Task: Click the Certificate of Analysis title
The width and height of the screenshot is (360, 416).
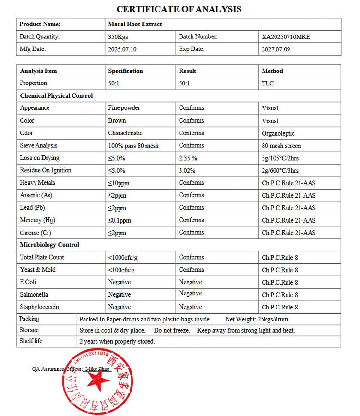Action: tap(179, 9)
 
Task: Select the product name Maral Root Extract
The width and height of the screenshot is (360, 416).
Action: tap(135, 24)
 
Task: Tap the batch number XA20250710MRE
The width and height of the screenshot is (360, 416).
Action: tap(286, 36)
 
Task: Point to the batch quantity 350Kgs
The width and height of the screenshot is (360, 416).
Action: tap(118, 36)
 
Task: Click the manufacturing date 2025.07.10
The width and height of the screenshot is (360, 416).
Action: tap(122, 49)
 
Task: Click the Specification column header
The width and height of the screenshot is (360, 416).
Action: tap(125, 71)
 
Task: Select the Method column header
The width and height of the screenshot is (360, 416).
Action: tap(272, 71)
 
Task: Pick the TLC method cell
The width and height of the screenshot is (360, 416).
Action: tap(268, 83)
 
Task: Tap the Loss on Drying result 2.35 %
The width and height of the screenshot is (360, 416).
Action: tap(188, 158)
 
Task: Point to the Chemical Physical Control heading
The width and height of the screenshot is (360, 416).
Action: tap(56, 96)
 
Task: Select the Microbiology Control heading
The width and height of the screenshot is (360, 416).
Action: tap(49, 245)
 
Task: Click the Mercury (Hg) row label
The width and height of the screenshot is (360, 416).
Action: tap(37, 220)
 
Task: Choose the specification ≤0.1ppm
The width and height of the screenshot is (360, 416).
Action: tap(120, 220)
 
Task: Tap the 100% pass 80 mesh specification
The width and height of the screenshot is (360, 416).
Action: tap(133, 145)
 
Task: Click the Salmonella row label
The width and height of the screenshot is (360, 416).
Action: tap(34, 295)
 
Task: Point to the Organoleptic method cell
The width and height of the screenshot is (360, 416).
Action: tap(278, 133)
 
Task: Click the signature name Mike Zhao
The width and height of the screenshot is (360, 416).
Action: tap(98, 369)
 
